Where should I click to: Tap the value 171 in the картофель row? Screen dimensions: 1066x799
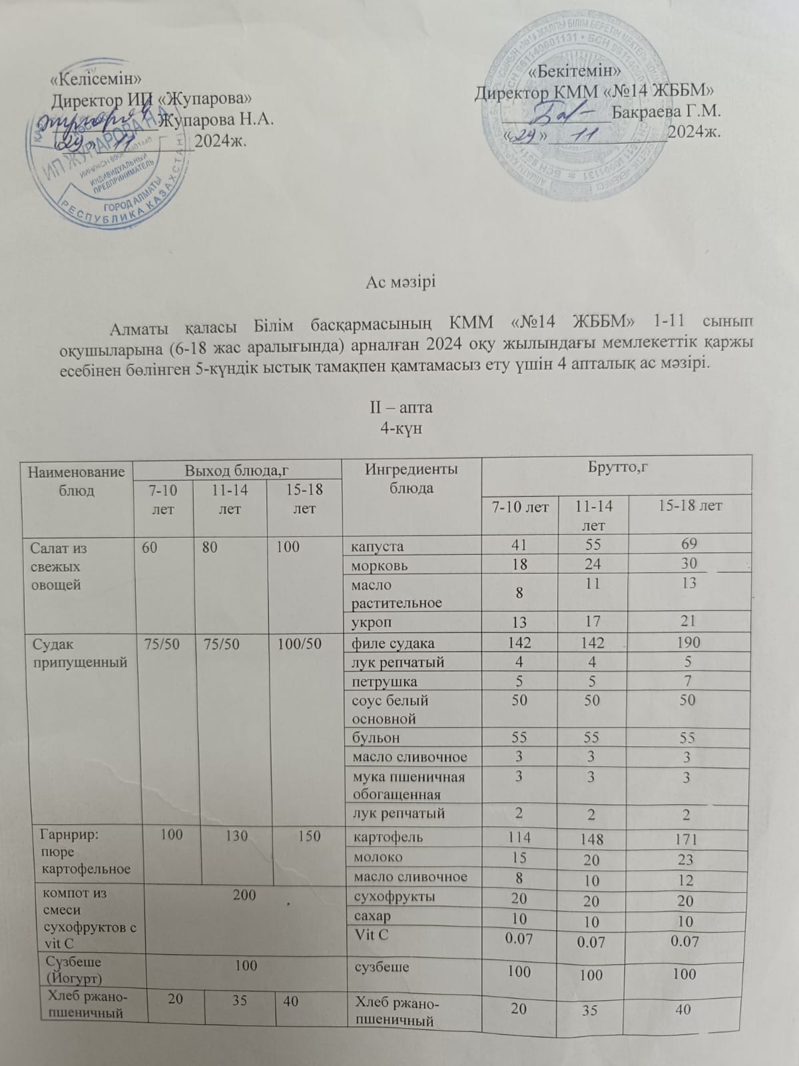click(688, 838)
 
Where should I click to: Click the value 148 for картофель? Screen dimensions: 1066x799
click(591, 838)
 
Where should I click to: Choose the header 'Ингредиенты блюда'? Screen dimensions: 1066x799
click(411, 478)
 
